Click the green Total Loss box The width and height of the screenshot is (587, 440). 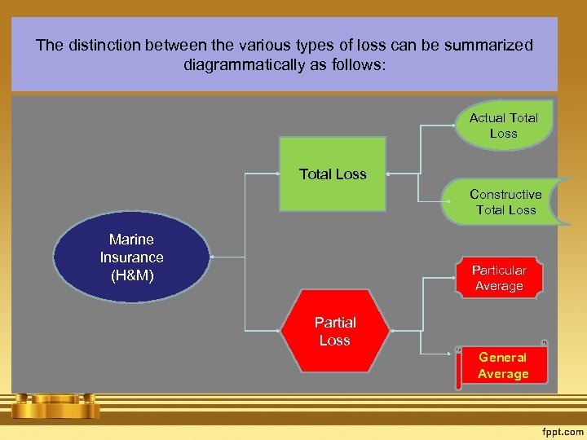click(333, 174)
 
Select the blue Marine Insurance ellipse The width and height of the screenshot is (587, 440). click(131, 257)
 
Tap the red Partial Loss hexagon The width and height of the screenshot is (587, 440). click(335, 331)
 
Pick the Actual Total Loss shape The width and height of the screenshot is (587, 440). click(504, 125)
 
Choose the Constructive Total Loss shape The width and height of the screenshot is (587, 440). click(504, 202)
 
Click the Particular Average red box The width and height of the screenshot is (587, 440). click(499, 278)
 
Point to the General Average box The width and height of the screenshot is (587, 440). click(503, 365)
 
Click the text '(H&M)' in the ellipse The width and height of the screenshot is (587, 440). click(132, 275)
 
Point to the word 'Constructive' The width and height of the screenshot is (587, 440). click(505, 195)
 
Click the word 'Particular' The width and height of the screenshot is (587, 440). click(499, 270)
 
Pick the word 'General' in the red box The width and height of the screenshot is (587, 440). click(503, 357)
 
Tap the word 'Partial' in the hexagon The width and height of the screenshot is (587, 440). click(335, 323)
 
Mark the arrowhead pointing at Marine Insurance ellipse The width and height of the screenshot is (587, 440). click(212, 257)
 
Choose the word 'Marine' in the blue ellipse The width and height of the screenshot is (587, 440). click(132, 240)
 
